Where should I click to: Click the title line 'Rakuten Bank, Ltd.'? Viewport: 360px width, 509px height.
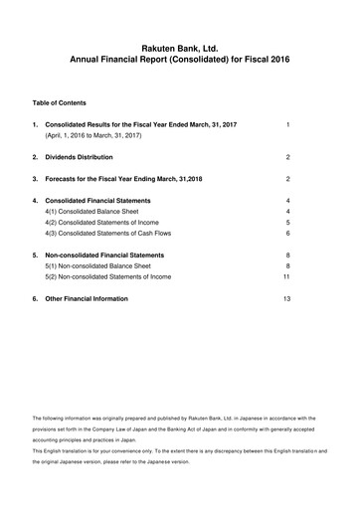pyautogui.click(x=180, y=47)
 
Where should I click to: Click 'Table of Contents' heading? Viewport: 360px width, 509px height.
pyautogui.click(x=59, y=102)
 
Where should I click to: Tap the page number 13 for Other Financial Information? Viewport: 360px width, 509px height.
pyautogui.click(x=286, y=298)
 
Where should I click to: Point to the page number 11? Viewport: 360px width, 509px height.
pyautogui.click(x=286, y=275)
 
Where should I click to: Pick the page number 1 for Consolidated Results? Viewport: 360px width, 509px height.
pyautogui.click(x=286, y=124)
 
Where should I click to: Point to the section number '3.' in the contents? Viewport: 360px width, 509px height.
pyautogui.click(x=36, y=179)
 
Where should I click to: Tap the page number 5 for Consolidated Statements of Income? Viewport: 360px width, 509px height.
pyautogui.click(x=286, y=222)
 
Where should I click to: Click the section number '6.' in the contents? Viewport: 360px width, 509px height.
pyautogui.click(x=36, y=298)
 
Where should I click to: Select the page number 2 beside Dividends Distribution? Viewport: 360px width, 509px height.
pyautogui.click(x=286, y=157)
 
